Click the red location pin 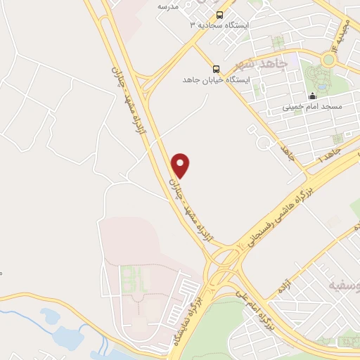181,165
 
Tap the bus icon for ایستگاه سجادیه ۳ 219,14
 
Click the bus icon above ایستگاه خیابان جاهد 216,69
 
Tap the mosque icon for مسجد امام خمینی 313,96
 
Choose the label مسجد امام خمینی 312,107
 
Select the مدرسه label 168,6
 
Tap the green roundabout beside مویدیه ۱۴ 328,60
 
